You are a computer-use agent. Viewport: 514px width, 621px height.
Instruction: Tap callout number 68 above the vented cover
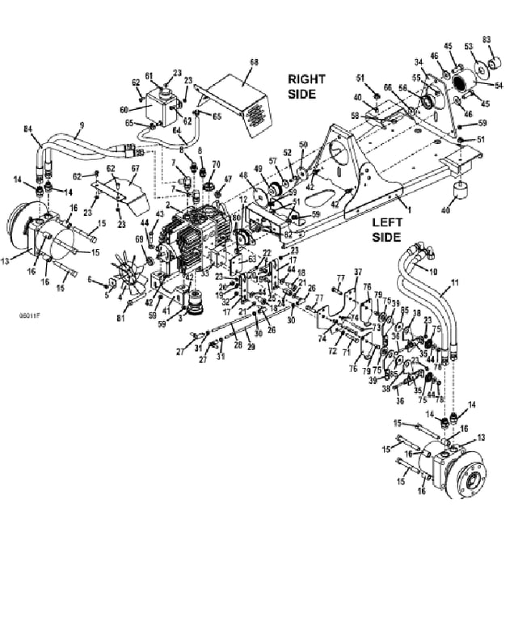click(254, 61)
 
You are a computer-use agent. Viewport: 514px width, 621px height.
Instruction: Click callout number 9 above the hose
click(81, 125)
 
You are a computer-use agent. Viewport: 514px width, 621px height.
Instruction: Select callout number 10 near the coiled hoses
click(432, 271)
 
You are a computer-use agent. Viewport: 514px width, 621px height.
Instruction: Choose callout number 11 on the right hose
click(454, 283)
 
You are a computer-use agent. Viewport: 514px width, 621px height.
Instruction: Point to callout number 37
click(358, 271)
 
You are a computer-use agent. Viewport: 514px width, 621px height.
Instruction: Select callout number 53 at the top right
click(467, 45)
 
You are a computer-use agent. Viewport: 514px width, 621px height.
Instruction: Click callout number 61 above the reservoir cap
click(149, 76)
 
